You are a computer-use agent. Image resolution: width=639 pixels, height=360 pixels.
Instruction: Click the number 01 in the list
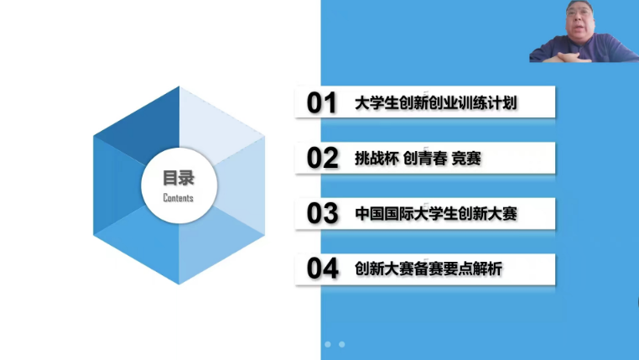point(321,102)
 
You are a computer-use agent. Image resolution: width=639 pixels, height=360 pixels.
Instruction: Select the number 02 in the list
point(322,159)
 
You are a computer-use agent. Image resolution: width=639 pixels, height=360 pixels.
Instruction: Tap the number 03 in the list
point(322,213)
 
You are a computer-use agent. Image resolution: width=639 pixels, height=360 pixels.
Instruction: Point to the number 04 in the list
point(322,269)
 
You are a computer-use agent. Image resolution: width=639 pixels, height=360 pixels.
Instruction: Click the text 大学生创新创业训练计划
point(436,103)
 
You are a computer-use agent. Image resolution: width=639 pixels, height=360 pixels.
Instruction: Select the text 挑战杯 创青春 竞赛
point(418,159)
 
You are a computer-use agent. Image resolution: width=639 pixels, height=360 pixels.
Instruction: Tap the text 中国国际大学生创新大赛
point(436,214)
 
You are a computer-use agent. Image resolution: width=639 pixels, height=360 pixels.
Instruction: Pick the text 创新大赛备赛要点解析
point(429,269)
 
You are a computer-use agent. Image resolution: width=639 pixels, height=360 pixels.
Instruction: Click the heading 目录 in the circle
point(179,178)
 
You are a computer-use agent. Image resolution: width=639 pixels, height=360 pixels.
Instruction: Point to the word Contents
point(178,198)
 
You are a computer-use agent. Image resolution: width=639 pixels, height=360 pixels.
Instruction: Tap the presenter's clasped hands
point(570,57)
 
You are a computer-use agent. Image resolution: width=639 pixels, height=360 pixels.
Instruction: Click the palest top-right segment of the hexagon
point(217,123)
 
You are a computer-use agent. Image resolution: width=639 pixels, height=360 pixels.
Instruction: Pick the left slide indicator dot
point(328,345)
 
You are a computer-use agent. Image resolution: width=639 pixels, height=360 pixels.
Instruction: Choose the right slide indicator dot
point(342,345)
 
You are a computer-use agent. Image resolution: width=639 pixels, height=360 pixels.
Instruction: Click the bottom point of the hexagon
point(179,284)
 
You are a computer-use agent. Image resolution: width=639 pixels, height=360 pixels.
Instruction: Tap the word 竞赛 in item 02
point(466,159)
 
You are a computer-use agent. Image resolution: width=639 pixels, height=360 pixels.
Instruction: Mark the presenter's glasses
point(579,13)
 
